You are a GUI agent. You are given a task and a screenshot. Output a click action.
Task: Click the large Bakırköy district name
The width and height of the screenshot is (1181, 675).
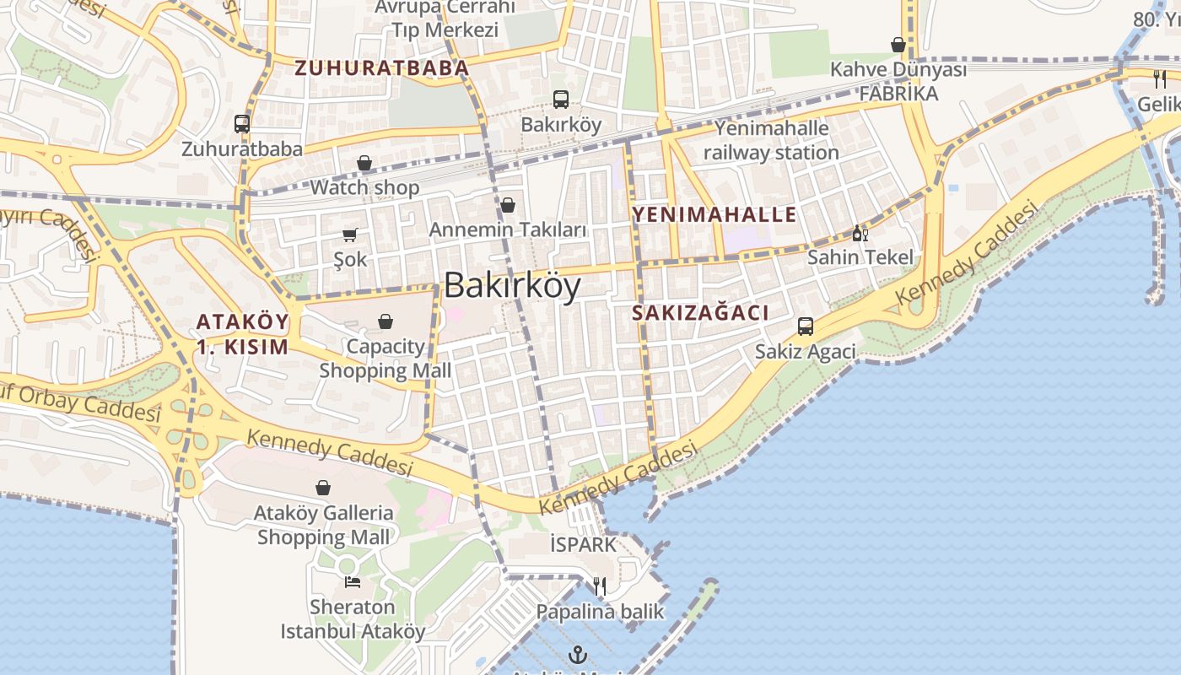coord(512,286)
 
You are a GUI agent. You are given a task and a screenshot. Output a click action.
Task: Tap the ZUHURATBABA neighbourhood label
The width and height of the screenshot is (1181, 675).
coord(381,68)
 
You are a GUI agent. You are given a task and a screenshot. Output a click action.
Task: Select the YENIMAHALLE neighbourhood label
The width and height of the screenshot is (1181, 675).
coord(715,214)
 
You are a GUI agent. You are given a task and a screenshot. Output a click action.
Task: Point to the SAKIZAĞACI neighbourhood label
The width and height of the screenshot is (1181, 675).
coord(700,313)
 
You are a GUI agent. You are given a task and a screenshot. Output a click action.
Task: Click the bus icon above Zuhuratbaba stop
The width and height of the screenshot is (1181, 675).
coord(242,124)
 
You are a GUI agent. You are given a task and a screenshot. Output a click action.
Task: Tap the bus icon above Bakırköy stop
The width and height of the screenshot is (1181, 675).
coord(561,100)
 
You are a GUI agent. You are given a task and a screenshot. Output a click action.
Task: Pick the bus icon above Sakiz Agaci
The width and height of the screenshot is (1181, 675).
coord(806,326)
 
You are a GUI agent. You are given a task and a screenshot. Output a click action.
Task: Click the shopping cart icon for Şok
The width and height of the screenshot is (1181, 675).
coord(350,235)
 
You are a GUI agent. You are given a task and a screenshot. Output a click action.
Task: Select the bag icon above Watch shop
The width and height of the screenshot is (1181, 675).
coord(364,163)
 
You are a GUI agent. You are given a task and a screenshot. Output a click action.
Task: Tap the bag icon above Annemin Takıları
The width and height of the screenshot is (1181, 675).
coord(508,205)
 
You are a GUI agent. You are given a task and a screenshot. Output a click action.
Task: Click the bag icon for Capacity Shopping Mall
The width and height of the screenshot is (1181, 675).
coord(386,321)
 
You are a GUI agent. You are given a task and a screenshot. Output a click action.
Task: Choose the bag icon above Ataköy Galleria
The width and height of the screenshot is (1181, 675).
coord(323,488)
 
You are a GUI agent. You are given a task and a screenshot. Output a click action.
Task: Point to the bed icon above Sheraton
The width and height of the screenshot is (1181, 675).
coord(353,582)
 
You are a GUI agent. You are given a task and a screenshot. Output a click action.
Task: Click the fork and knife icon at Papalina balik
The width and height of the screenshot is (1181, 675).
coord(600,586)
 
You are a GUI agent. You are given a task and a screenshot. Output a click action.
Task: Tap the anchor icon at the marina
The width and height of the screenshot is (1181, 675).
coord(578,654)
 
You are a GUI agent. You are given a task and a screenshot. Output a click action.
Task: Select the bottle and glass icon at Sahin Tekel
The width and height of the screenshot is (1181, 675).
coord(860,233)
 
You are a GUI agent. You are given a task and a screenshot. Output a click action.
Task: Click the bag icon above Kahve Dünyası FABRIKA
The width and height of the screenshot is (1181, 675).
coord(898,45)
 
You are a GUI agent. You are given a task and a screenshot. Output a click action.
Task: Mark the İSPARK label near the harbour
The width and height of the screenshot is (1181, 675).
coord(584,544)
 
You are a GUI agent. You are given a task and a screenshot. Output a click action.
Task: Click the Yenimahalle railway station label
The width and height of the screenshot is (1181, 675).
coord(771,141)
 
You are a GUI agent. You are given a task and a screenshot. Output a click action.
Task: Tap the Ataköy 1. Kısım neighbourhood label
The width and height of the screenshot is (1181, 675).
coord(243,334)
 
